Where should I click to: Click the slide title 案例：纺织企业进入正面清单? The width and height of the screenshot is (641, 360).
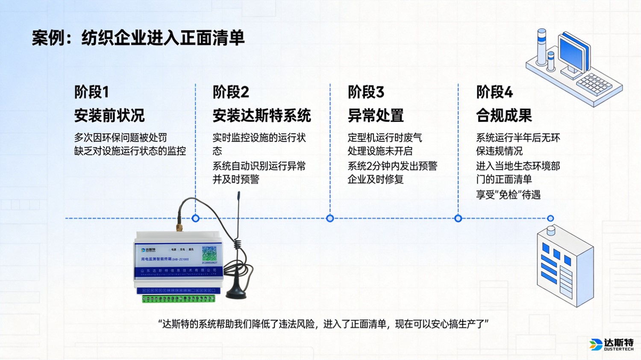click(x=138, y=38)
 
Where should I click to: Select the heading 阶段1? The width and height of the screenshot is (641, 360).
click(x=91, y=92)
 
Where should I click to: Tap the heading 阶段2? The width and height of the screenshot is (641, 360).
click(x=231, y=92)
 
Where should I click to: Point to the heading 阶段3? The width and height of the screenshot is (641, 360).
click(x=366, y=92)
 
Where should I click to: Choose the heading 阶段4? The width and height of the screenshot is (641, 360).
click(x=494, y=92)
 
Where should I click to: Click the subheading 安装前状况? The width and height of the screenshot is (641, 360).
click(x=109, y=115)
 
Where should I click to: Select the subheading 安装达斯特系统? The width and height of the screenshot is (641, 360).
click(x=262, y=115)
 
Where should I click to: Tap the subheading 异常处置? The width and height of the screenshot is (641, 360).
click(x=376, y=115)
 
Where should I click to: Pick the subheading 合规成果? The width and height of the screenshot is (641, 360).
click(x=504, y=115)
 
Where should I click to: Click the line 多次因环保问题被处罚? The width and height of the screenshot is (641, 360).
click(x=121, y=138)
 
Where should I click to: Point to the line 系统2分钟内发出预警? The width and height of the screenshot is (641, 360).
click(x=392, y=166)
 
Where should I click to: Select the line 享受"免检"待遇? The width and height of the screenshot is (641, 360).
click(x=508, y=195)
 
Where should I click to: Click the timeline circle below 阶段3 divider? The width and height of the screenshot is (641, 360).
click(x=330, y=218)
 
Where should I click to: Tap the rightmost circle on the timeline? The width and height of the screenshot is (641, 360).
click(x=550, y=218)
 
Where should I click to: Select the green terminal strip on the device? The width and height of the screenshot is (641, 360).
click(x=179, y=299)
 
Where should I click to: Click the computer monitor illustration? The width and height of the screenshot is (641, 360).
click(x=574, y=53)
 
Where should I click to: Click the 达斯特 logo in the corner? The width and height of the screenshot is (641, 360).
click(x=612, y=344)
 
